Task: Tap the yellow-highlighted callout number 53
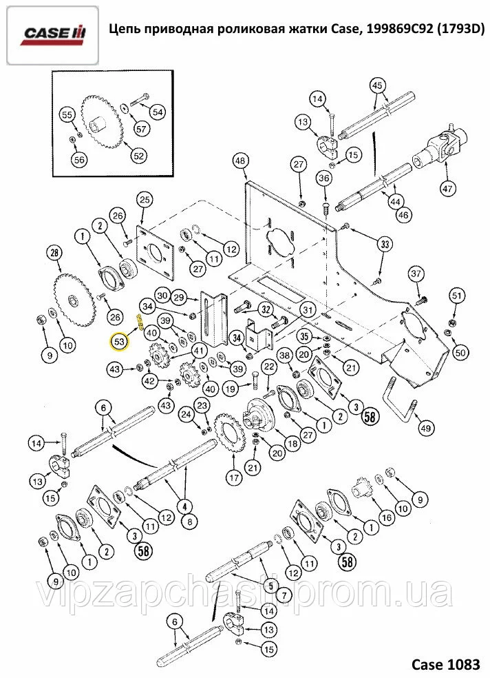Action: pos(119,340)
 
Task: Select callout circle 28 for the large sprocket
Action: pos(54,254)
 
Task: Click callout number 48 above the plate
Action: pos(239,161)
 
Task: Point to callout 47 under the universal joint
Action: pos(447,188)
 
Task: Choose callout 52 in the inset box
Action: pos(138,156)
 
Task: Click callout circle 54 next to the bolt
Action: pos(157,112)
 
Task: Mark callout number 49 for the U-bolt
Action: pos(427,428)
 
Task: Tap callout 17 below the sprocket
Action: pos(232,475)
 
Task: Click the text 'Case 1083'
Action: pos(445,664)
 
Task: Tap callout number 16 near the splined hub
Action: pos(386,517)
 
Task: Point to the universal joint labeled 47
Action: pos(440,146)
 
